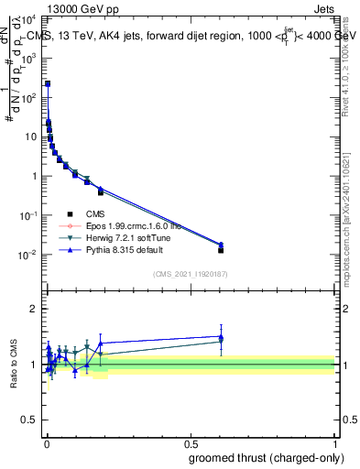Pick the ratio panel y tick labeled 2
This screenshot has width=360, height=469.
34,309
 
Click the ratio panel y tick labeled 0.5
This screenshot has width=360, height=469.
30,421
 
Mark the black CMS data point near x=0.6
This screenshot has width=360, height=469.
221,250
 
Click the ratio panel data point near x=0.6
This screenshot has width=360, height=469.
221,338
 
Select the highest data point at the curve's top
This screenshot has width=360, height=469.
48,83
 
